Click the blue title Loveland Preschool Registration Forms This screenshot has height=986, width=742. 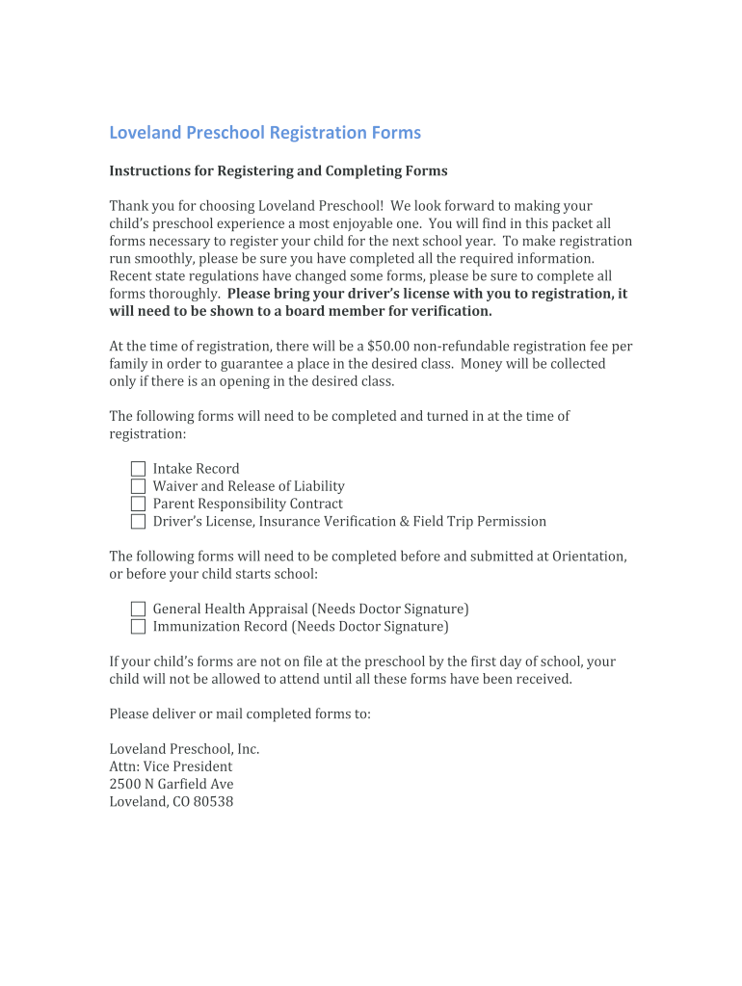pos(264,133)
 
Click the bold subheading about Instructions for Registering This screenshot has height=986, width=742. pos(278,171)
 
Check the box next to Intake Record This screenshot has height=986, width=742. pos(138,469)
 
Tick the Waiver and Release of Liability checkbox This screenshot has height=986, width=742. pos(138,486)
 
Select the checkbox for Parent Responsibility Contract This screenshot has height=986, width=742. pos(138,504)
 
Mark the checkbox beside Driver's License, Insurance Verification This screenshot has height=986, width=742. pos(138,522)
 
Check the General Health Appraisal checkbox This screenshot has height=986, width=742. pos(138,610)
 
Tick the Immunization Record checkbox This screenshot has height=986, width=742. pos(138,627)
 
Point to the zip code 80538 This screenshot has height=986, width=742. pos(213,802)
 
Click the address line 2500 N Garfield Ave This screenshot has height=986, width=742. pos(171,785)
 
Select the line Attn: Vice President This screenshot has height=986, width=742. pos(171,767)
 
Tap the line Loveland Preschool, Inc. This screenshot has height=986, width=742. pos(184,749)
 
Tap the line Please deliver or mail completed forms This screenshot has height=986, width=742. pos(239,714)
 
